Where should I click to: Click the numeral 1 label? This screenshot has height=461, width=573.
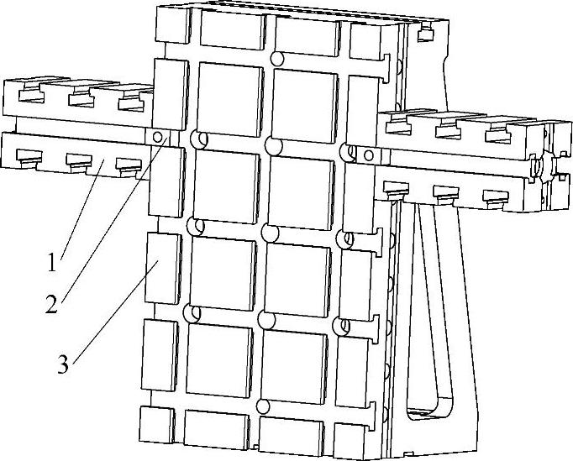(52, 262)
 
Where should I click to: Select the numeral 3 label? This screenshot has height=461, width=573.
(63, 365)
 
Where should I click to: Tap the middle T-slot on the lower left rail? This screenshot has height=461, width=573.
(78, 159)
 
